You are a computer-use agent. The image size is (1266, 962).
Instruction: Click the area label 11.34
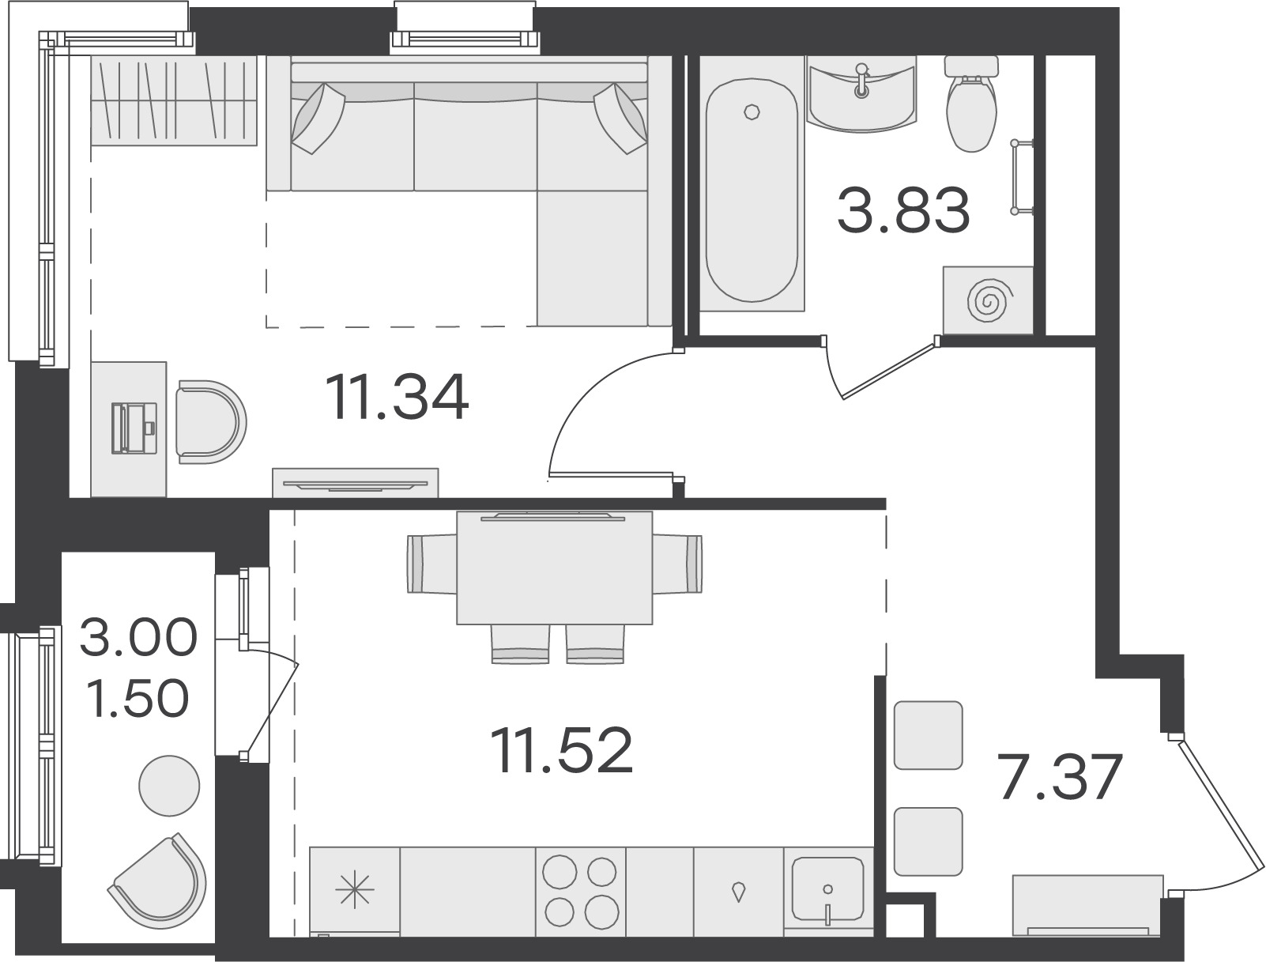point(397,397)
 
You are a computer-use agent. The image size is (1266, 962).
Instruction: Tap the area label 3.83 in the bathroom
point(904,210)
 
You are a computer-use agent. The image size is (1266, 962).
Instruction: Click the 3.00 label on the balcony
point(138,636)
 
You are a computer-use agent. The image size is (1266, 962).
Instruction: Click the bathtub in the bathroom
point(752,191)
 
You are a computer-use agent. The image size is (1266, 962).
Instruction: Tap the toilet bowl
point(971,104)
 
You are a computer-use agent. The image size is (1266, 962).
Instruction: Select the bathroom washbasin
point(861,94)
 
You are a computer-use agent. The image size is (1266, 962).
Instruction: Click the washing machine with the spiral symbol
point(988,300)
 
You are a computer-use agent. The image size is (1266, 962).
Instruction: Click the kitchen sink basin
point(827,888)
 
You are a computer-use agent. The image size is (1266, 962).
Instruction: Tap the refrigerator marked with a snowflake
point(355,892)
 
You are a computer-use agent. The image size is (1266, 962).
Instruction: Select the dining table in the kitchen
point(554,568)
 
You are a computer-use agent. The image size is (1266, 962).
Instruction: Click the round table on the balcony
point(169,786)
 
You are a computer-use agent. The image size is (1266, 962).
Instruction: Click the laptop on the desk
point(134,428)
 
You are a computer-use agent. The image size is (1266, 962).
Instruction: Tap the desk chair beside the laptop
point(211,421)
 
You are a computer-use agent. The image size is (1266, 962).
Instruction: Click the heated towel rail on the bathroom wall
point(1022,178)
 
